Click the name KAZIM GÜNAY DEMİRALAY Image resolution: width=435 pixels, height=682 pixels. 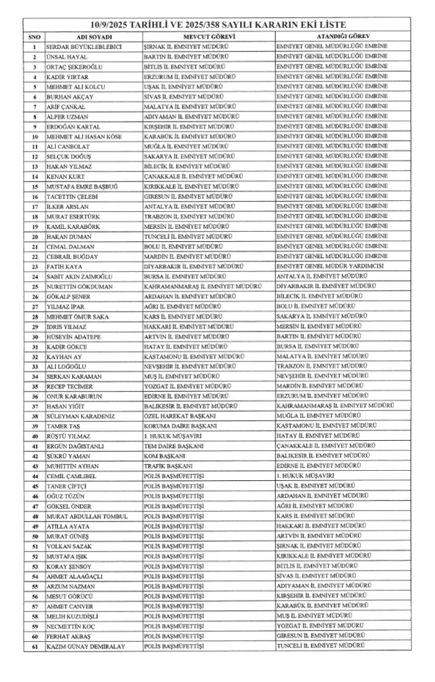point(86,645)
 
